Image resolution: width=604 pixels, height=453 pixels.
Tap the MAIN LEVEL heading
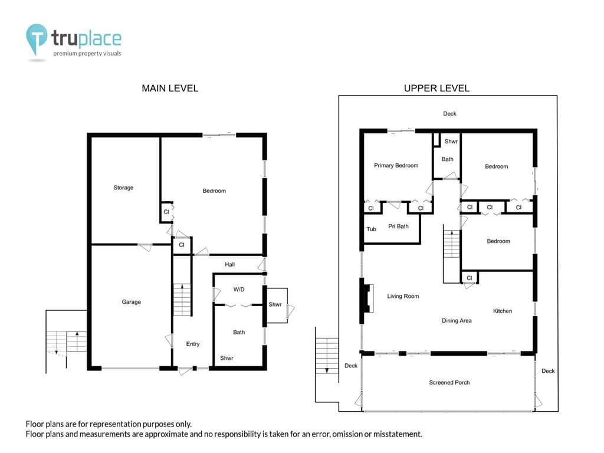(170, 88)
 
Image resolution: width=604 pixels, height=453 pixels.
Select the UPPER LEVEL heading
(436, 88)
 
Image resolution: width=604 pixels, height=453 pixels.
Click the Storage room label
(123, 188)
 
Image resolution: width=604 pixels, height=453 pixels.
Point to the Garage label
(132, 302)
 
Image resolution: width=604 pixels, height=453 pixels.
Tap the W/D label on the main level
(239, 289)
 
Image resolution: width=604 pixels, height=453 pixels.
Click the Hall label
(230, 264)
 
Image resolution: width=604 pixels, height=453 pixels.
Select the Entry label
(193, 344)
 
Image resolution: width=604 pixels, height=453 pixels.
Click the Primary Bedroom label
(396, 165)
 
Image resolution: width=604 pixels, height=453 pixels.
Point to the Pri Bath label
(398, 226)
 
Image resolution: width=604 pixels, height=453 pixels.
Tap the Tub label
(372, 229)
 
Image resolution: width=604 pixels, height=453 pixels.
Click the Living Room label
(403, 296)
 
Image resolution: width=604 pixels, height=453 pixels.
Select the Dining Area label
(457, 320)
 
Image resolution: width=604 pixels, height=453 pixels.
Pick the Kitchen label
(503, 311)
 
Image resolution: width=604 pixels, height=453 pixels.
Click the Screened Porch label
(449, 382)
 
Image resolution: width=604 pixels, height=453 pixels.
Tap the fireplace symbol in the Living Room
(369, 298)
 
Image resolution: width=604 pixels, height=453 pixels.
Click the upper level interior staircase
(451, 244)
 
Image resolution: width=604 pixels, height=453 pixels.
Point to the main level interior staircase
(182, 300)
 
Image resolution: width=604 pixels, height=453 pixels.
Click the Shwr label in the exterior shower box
(275, 304)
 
